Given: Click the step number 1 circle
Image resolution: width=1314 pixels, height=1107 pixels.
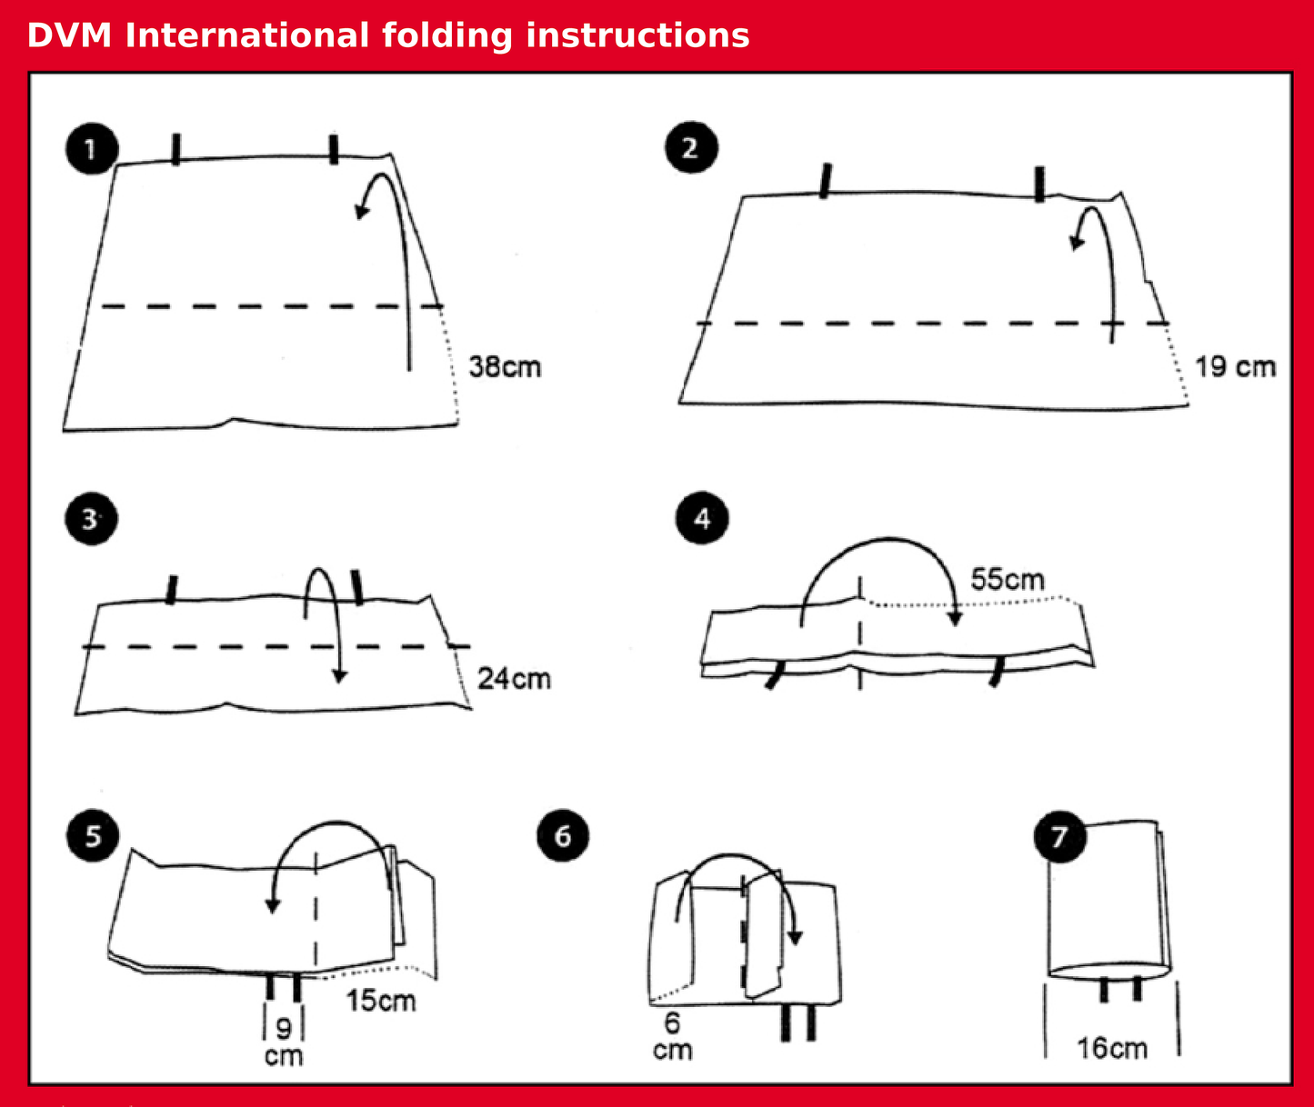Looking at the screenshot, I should [x=91, y=148].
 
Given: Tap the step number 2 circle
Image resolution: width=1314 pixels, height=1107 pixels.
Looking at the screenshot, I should [x=690, y=148].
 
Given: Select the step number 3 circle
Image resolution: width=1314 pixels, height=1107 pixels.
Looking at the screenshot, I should [x=91, y=519].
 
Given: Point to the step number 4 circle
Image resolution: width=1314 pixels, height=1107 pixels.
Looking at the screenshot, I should [x=702, y=519].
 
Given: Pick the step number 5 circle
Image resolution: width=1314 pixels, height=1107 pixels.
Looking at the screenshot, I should [x=93, y=835].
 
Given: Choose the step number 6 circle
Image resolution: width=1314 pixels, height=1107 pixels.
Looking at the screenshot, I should [x=563, y=835].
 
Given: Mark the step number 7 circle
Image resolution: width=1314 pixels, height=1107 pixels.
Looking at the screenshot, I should [x=1060, y=835].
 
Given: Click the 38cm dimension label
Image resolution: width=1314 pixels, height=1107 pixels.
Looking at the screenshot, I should [x=505, y=367].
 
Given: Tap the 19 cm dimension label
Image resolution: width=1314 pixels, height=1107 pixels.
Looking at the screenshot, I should [x=1235, y=366].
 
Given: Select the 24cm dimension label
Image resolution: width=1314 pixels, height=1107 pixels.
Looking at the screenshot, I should [x=514, y=678].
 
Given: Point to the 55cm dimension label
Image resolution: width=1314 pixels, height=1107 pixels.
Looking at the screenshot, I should [x=1008, y=579].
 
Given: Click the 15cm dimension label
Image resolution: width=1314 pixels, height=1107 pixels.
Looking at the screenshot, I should [x=380, y=1001].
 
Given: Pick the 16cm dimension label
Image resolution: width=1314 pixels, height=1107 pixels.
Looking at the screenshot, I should [x=1112, y=1048].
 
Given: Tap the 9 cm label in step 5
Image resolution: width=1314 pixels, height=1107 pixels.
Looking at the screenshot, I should [x=284, y=1042].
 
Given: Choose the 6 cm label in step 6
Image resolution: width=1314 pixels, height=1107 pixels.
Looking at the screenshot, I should [x=672, y=1036].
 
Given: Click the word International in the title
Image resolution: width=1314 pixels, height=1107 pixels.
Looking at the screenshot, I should [x=246, y=35].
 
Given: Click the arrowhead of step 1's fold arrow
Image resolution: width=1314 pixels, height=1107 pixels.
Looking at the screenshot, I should [x=362, y=211].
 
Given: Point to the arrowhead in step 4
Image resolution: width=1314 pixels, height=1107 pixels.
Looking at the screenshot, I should [x=954, y=617].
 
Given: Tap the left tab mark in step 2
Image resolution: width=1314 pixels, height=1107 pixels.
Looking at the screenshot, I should [x=825, y=180].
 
